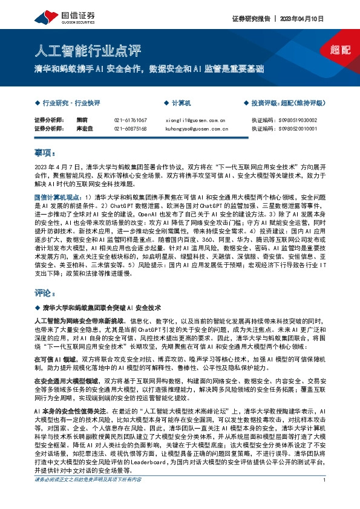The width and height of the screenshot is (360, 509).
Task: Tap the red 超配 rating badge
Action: pos(341,50)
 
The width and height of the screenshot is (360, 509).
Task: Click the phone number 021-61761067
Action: pos(130,120)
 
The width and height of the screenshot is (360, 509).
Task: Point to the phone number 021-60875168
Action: pos(130,129)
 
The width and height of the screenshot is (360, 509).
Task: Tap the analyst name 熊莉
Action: pos(82,120)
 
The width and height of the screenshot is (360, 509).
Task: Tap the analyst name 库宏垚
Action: pos(84,129)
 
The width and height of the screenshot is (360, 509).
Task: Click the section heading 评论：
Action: pos(45,294)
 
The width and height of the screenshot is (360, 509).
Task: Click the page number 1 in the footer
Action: pos(325,497)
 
